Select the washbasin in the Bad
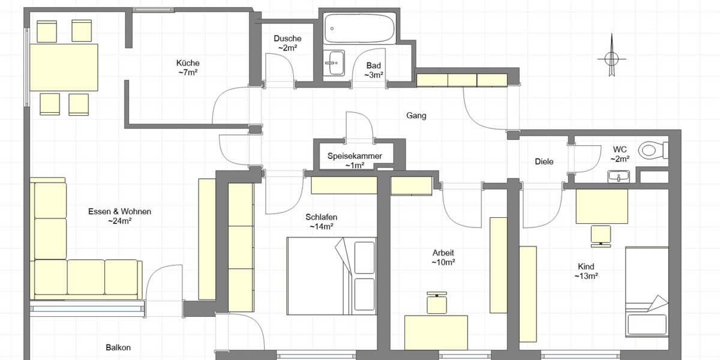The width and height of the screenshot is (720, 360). (335, 62)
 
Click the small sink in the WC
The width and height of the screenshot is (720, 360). (618, 176)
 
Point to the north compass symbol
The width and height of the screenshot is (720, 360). (611, 58)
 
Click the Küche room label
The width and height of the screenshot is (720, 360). (188, 63)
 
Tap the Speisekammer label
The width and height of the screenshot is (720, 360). (355, 156)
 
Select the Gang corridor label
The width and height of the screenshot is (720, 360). (416, 116)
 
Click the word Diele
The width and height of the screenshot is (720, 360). (544, 162)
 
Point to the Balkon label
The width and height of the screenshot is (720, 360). (118, 347)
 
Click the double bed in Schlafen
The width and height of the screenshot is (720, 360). (331, 275)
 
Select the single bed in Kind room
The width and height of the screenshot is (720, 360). (647, 290)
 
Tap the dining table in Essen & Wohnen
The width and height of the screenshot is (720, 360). (64, 67)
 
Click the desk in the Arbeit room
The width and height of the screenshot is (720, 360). (436, 332)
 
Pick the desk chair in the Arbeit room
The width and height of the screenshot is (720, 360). (436, 303)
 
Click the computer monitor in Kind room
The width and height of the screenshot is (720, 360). (601, 235)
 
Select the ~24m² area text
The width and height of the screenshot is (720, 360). (119, 221)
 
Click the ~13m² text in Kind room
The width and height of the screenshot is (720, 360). (586, 277)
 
